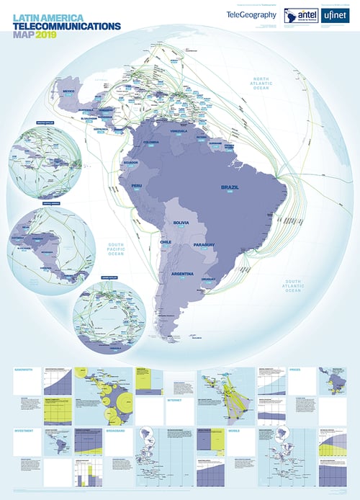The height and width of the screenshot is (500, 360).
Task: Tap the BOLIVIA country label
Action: [181, 223]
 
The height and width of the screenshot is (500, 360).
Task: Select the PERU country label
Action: [137, 186]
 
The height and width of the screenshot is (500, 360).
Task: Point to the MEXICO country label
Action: [69, 92]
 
